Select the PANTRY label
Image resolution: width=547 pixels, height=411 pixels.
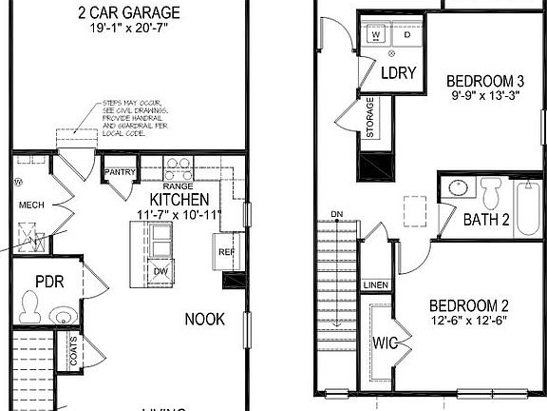point(121,172)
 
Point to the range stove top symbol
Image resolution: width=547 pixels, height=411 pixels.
point(179,168)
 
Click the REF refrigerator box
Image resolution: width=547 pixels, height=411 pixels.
point(226,251)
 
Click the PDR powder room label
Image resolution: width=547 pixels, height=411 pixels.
point(48,282)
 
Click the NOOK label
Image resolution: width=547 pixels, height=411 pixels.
point(204,319)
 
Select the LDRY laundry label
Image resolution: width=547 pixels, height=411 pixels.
point(392,72)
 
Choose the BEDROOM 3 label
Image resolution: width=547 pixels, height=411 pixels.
point(482,82)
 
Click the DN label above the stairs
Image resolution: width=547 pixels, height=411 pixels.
point(337,214)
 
